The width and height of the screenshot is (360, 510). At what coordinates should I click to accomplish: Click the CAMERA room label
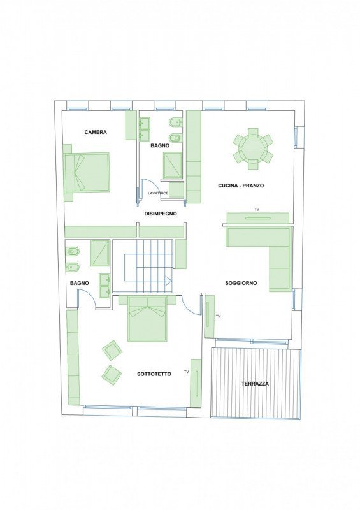(x=96, y=132)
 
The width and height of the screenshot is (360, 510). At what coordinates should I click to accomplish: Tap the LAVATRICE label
(x=158, y=193)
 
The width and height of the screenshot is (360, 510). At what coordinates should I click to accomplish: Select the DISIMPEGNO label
(x=161, y=214)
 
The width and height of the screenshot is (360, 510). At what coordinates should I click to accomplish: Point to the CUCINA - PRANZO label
(x=241, y=186)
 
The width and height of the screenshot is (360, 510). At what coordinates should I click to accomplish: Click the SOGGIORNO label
(x=241, y=283)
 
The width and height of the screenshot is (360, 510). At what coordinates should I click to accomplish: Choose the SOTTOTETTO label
(x=154, y=374)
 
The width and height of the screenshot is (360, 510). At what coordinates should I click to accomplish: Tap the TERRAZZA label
(x=256, y=384)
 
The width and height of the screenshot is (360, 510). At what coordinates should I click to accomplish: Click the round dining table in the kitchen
(x=253, y=149)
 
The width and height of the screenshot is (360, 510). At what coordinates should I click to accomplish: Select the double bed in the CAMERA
(x=87, y=173)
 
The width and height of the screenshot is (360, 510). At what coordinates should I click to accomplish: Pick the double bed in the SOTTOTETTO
(x=148, y=319)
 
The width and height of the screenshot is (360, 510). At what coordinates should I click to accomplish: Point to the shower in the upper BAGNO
(x=172, y=165)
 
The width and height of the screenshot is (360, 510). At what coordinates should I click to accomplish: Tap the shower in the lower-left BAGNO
(x=100, y=253)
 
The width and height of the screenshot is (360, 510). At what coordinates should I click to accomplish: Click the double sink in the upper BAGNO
(x=145, y=129)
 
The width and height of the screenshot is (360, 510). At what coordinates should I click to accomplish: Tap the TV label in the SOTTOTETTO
(x=186, y=372)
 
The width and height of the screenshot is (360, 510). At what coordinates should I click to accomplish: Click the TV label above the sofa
(x=257, y=210)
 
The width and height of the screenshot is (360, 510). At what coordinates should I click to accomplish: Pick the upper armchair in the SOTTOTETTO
(x=112, y=350)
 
